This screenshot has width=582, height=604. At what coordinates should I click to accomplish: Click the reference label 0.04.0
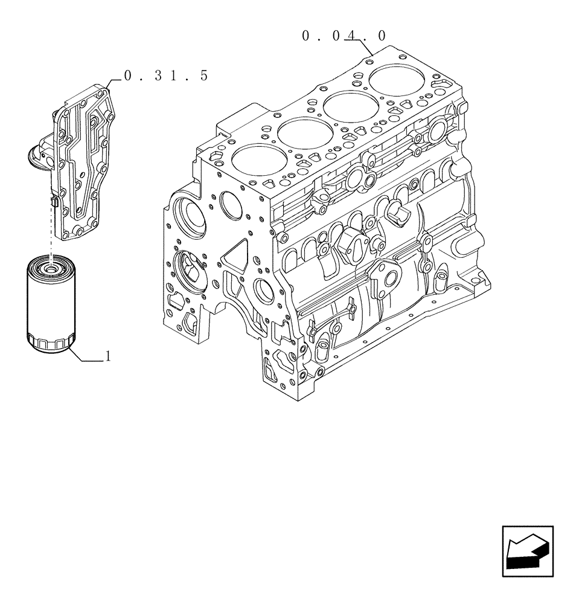pyautogui.click(x=344, y=36)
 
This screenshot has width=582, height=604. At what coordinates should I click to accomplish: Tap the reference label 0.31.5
pyautogui.click(x=165, y=76)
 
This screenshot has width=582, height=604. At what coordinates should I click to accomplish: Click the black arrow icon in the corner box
pyautogui.click(x=527, y=551)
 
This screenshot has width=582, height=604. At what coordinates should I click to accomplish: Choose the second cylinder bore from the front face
pyautogui.click(x=300, y=134)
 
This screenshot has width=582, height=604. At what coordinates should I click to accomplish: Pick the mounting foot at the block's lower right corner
pyautogui.click(x=480, y=277)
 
